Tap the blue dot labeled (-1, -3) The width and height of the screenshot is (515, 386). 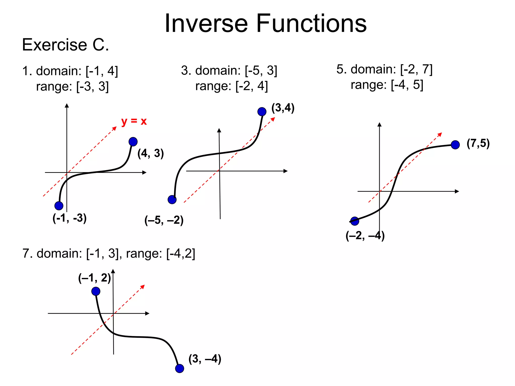click(x=59, y=206)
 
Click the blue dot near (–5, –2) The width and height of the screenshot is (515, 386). click(x=172, y=200)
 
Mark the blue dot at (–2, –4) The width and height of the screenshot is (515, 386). click(x=355, y=221)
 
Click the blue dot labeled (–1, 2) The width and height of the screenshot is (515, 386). click(x=96, y=291)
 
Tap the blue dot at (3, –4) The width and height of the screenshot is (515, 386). click(x=180, y=368)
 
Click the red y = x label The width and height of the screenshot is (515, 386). click(x=134, y=121)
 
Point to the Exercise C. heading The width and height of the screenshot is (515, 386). click(x=66, y=45)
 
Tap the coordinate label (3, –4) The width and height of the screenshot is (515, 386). click(x=205, y=359)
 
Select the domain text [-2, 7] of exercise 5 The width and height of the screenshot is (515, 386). click(x=416, y=69)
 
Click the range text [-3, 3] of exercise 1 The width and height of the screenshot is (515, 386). click(x=93, y=86)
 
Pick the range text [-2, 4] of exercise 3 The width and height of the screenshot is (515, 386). click(x=252, y=86)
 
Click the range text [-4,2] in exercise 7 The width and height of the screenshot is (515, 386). click(x=181, y=253)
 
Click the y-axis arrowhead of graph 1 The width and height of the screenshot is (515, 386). click(x=67, y=106)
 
